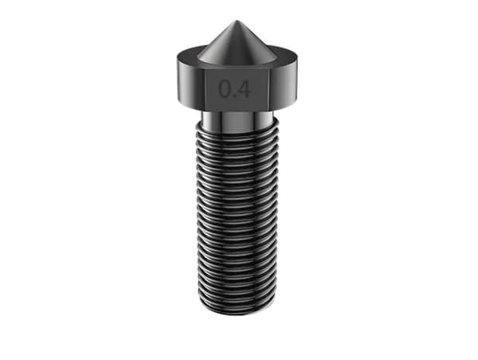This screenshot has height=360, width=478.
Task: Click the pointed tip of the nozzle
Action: click(237, 22)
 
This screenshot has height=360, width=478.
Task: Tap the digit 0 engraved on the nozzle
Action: click(225, 89)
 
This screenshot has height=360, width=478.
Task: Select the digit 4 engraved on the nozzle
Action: click(244, 89)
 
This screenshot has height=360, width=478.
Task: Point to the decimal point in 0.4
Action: click(234, 96)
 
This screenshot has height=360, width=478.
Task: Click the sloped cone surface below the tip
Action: click(237, 44)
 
